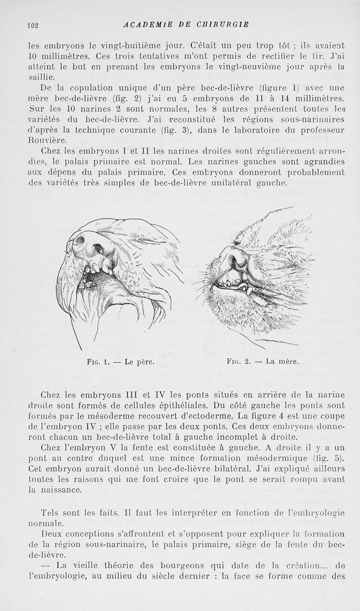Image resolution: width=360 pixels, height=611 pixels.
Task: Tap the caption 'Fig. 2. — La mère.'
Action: (263, 361)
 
